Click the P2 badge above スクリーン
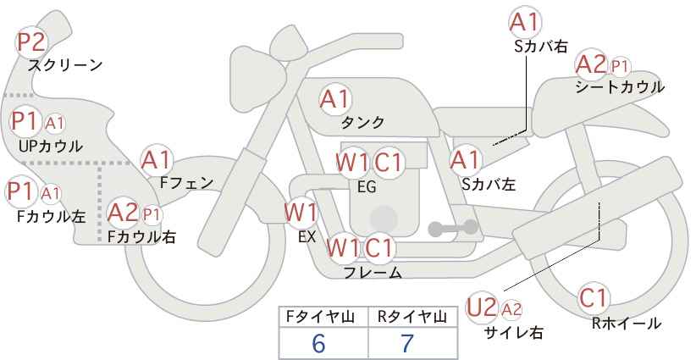click(x=32, y=42)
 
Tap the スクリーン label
click(x=65, y=64)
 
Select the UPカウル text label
click(x=50, y=146)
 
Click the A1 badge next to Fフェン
click(x=157, y=160)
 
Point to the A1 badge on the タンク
click(x=334, y=99)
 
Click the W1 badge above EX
click(x=301, y=212)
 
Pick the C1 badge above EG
click(x=389, y=162)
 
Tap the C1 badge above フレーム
click(x=379, y=248)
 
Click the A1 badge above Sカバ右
click(x=524, y=21)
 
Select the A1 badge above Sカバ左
click(x=465, y=159)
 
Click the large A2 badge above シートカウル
click(x=590, y=64)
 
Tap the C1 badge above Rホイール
click(x=594, y=299)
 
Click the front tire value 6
click(x=318, y=344)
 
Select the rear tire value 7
click(x=407, y=344)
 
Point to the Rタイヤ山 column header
click(x=412, y=316)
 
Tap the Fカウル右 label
click(x=141, y=237)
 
